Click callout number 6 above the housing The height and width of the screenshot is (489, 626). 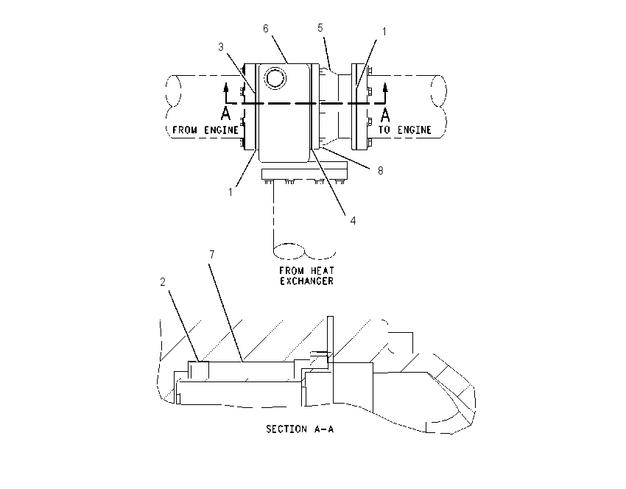click(x=266, y=29)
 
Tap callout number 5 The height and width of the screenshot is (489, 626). click(x=320, y=28)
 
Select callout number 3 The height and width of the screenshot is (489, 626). click(x=221, y=47)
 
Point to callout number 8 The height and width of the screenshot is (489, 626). click(x=381, y=171)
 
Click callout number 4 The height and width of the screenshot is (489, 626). click(x=353, y=221)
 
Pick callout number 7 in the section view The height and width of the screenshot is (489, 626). click(x=212, y=255)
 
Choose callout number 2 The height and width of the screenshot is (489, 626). click(x=163, y=282)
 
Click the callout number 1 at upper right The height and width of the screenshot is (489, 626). click(x=384, y=32)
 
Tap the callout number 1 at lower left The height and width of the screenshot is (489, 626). click(x=231, y=192)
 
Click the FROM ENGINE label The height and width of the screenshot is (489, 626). click(x=205, y=130)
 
